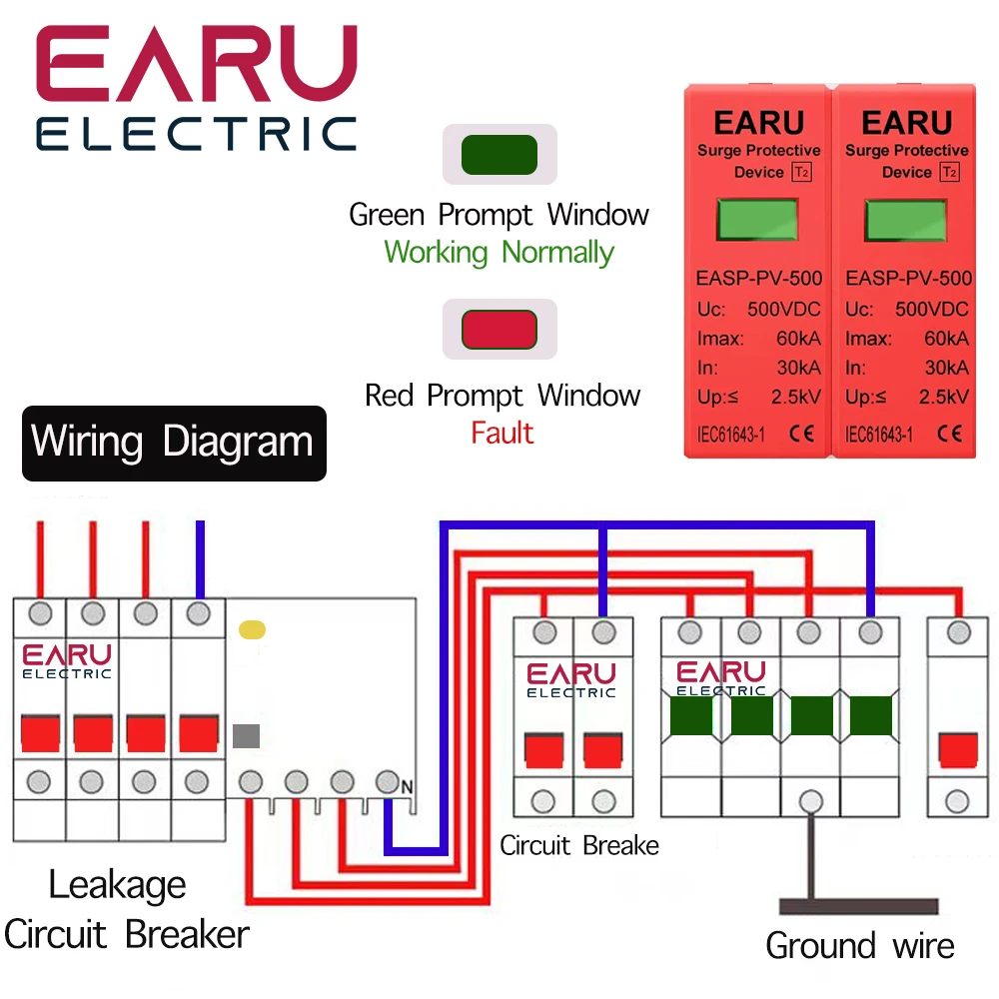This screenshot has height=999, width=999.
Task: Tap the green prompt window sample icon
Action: pos(499,155)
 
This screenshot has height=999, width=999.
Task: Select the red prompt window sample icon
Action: pos(499,329)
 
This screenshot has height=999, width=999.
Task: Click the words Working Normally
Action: pos(499,252)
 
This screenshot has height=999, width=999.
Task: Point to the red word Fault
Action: pos(502,434)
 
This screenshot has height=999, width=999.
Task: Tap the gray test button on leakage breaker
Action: pos(246,736)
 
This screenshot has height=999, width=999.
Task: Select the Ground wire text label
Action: pos(859,945)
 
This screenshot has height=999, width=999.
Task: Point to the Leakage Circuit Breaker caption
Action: pos(126,910)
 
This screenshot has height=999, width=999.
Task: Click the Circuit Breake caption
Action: pos(579,846)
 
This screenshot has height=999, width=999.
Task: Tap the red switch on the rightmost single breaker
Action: pos(959,748)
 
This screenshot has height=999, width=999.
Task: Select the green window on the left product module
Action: pos(758,220)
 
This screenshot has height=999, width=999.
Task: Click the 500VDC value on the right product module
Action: pos(931,310)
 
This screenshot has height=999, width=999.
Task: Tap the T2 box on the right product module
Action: pos(949,173)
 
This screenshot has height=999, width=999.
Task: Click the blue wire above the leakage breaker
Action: pos(201,559)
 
